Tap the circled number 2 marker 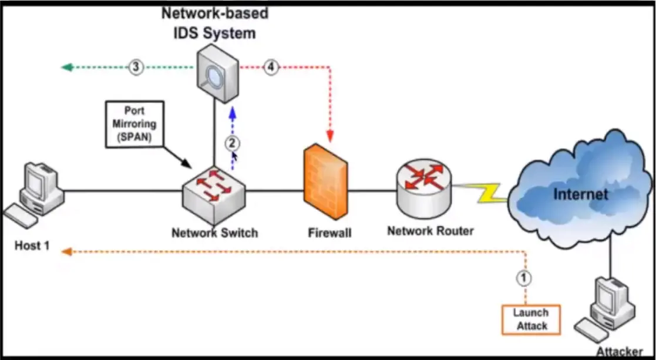pos(232,142)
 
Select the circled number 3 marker pos(136,68)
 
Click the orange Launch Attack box pos(531,319)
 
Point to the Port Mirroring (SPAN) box pos(134,123)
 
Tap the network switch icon pos(214,190)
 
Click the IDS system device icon pos(217,75)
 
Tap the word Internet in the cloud pos(581,194)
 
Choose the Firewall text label pos(329,233)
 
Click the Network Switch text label pos(214,233)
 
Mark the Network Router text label pos(430,231)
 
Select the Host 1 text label pos(32,245)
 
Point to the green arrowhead pos(67,68)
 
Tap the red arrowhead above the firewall pos(330,137)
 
